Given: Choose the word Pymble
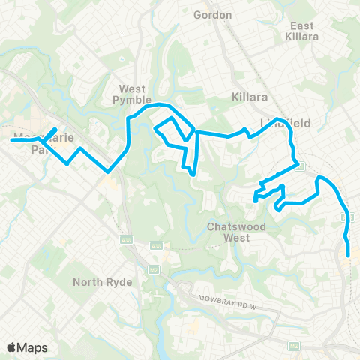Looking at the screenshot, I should (x=132, y=99).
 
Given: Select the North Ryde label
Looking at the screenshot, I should (x=103, y=282).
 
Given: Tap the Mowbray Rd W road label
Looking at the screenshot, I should (x=227, y=299).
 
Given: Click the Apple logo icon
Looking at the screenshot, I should (x=12, y=347).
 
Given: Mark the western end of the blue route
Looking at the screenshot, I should (x=11, y=139).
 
